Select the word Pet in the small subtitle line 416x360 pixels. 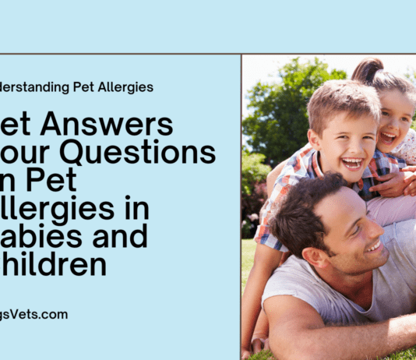tap(74, 87)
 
